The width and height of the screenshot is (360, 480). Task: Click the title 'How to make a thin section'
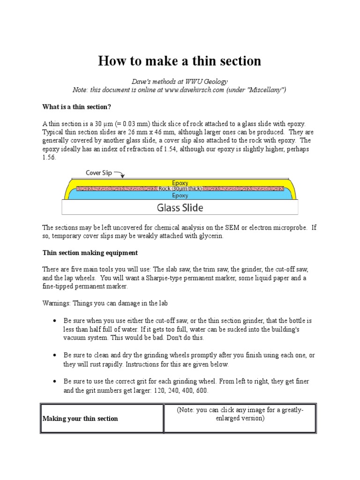pyautogui.click(x=180, y=61)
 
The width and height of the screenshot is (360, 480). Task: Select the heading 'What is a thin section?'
pyautogui.click(x=77, y=107)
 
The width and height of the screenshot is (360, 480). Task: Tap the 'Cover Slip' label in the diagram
pyautogui.click(x=99, y=172)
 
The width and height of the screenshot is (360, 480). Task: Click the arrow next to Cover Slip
pyautogui.click(x=119, y=174)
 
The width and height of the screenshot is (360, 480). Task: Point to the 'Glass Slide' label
pyautogui.click(x=180, y=207)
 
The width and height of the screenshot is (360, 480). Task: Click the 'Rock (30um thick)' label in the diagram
pyautogui.click(x=180, y=188)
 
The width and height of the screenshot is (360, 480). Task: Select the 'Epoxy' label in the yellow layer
pyautogui.click(x=180, y=183)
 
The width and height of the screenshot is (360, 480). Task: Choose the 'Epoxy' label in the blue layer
pyautogui.click(x=180, y=195)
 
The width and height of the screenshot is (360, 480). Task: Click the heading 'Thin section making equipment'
pyautogui.click(x=90, y=253)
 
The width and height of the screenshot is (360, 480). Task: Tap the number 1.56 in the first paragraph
pyautogui.click(x=49, y=157)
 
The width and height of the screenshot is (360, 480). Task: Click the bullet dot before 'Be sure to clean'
pyautogui.click(x=55, y=355)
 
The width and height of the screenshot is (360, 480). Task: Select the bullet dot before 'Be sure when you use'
pyautogui.click(x=55, y=321)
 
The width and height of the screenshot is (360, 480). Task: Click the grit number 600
pyautogui.click(x=202, y=390)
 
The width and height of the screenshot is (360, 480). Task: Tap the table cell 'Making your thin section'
pyautogui.click(x=80, y=418)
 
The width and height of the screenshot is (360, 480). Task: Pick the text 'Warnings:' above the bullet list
pyautogui.click(x=56, y=303)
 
